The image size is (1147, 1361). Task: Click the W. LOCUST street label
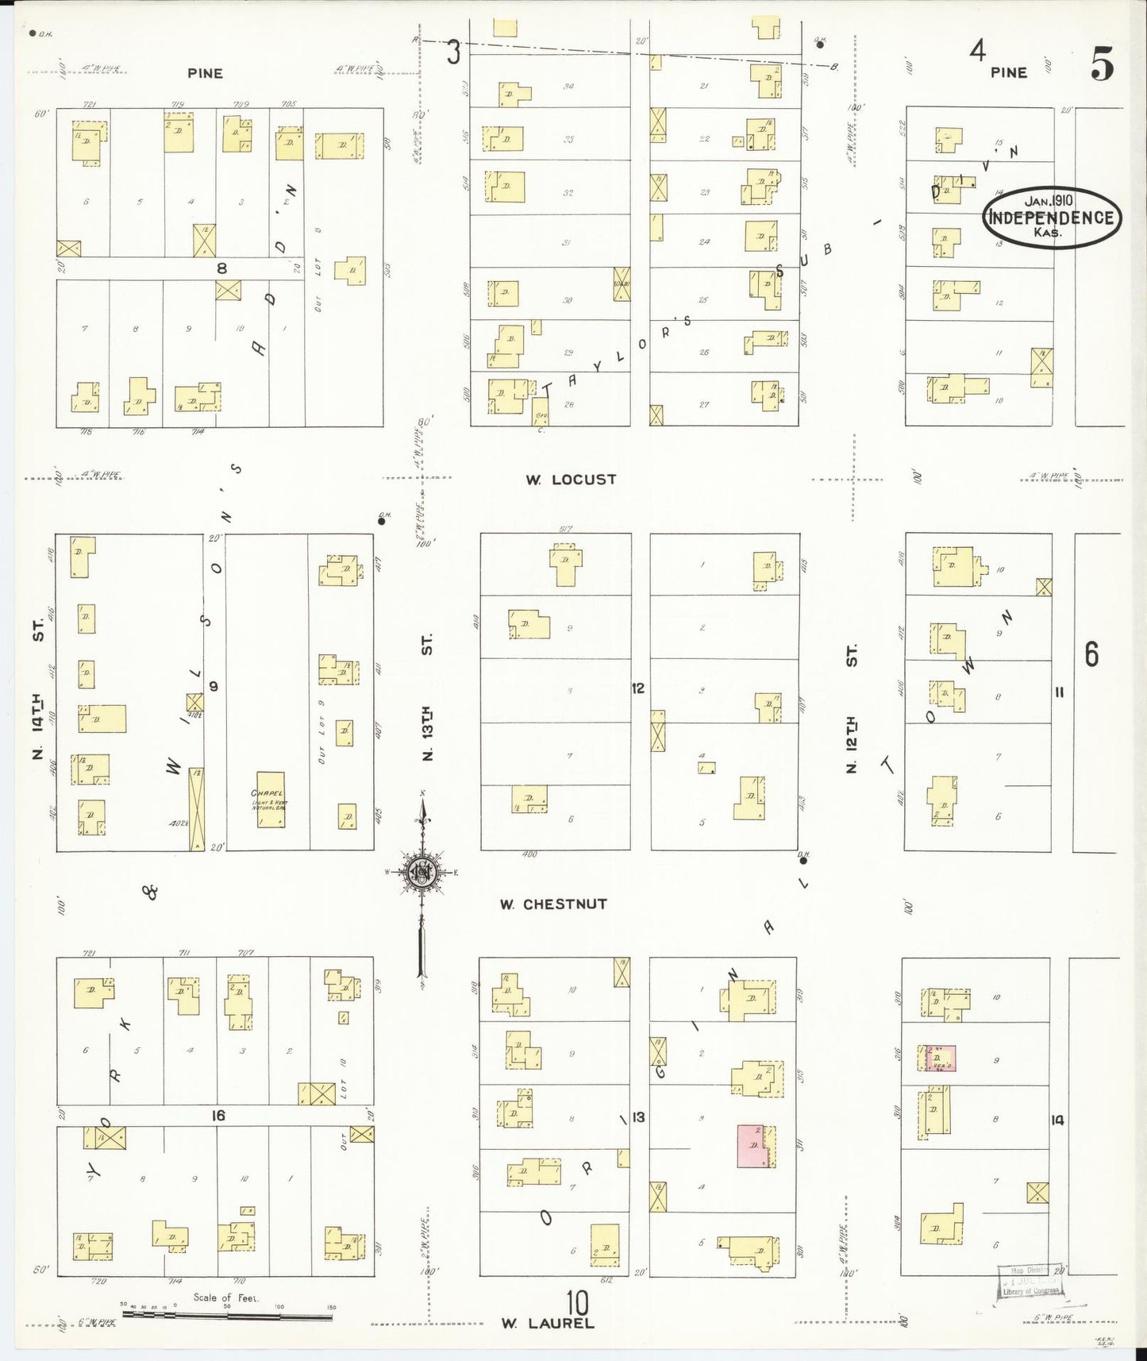pos(570,480)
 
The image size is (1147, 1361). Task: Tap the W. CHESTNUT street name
pos(553,904)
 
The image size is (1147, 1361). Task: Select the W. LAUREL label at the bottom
pos(547,1323)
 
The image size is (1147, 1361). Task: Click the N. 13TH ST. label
pos(427,696)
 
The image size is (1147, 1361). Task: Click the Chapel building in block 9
pos(270,800)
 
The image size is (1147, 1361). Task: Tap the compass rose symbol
pos(421,873)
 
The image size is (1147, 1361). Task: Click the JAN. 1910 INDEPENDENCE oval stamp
pos(1052,217)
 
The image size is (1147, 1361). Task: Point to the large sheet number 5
pos(1101,64)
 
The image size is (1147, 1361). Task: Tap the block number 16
pos(217,1116)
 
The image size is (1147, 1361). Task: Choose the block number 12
pos(638,688)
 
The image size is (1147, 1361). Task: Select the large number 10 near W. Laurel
pos(577,1303)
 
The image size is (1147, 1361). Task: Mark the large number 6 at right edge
pos(1091,655)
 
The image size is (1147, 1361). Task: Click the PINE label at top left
pos(205,73)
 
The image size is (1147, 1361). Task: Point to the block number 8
pos(222,268)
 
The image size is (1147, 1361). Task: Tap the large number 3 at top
pos(453,53)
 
